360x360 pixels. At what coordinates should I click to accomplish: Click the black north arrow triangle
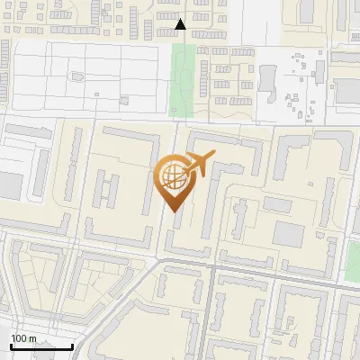coord(181,24)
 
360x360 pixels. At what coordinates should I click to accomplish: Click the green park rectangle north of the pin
coord(184,79)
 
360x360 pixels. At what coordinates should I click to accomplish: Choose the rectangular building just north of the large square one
coord(277,205)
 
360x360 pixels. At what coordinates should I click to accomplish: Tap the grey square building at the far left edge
coord(7,185)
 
